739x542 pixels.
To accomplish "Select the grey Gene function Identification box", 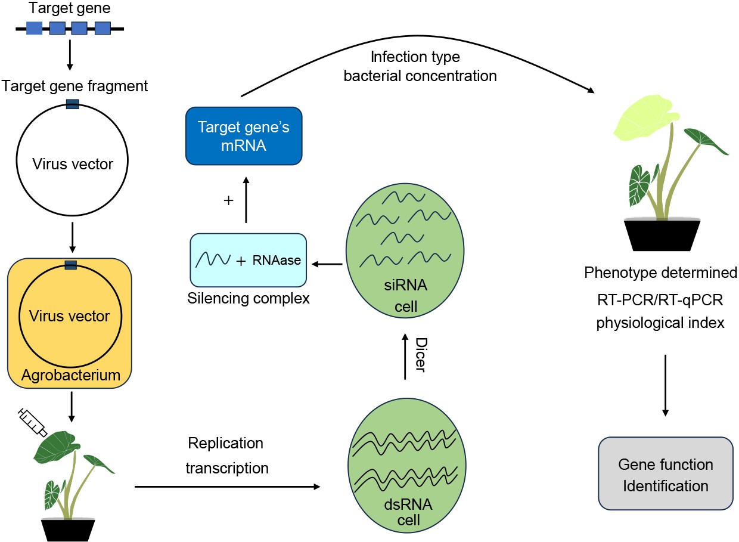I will [x=665, y=474].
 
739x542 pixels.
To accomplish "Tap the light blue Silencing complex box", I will [x=248, y=261].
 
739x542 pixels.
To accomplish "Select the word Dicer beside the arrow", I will [x=420, y=354].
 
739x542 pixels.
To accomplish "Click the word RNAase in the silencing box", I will [x=276, y=261].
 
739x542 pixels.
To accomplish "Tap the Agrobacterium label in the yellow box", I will [x=72, y=375].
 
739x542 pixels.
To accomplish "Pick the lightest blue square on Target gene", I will [x=34, y=27].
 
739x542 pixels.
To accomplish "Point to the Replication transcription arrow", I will [x=226, y=487].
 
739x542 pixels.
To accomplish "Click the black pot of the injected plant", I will [x=70, y=528].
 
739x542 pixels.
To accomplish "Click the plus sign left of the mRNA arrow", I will [x=226, y=201].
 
